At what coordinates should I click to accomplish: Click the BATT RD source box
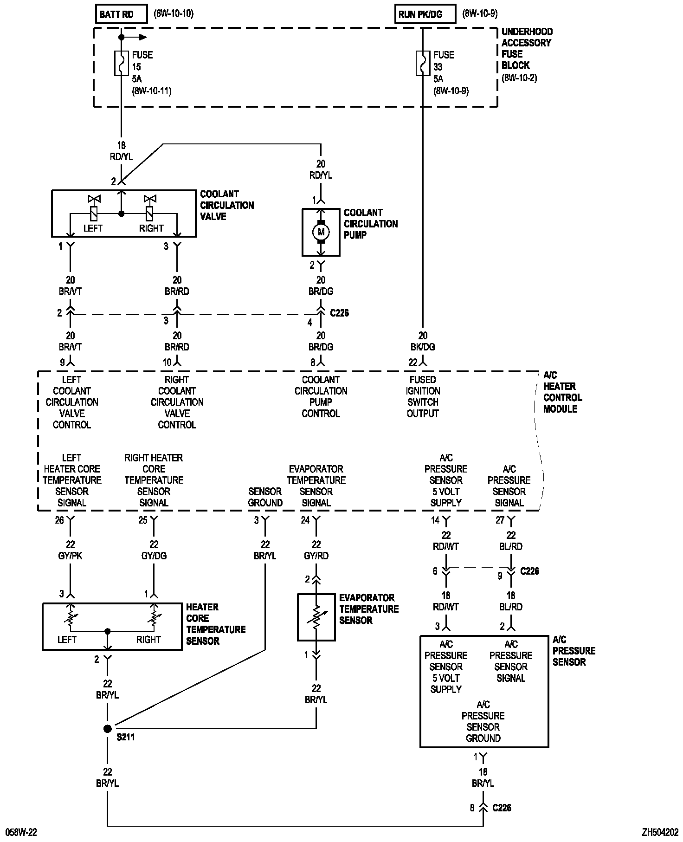pos(121,14)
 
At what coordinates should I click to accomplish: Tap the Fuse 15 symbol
pos(122,63)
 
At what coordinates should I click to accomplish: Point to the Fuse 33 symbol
pos(423,63)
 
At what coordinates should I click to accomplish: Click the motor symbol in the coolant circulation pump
pos(321,232)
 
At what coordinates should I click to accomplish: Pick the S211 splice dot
pos(108,729)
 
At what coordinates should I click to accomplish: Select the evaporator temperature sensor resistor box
pos(316,617)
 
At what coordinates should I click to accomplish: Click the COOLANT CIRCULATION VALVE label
pos(227,205)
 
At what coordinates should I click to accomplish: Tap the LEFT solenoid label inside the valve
pos(93,228)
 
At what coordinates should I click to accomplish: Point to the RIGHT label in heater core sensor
pos(148,640)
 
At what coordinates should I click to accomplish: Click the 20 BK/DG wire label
pos(423,341)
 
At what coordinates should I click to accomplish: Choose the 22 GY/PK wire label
pos(71,550)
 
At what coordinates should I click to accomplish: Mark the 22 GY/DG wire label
pos(154,550)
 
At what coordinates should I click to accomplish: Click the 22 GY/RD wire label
pos(316,550)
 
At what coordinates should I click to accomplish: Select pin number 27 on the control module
pos(500,520)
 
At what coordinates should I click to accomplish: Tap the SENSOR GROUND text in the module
pos(265,497)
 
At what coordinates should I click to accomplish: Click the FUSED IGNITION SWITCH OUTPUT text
pos(423,396)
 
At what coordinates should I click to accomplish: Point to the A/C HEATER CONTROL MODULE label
pos(562,392)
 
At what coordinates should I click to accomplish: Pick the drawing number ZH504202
pos(660,833)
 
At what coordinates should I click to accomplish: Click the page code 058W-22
pos(21,833)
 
